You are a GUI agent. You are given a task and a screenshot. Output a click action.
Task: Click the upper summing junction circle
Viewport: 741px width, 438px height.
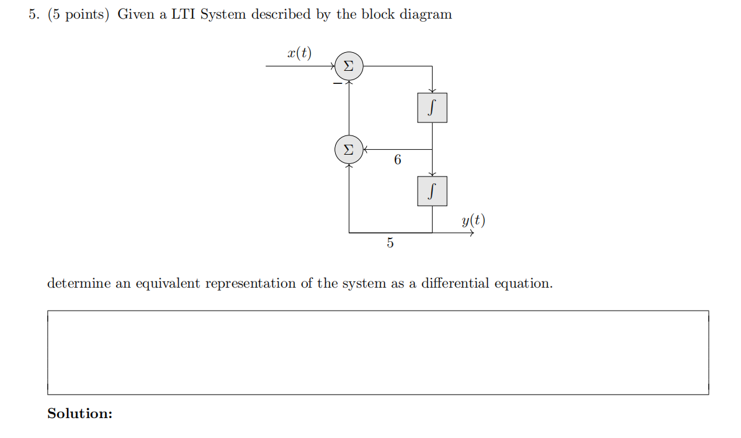(x=349, y=66)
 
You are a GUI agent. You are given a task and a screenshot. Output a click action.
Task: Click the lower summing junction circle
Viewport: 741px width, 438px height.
(x=349, y=150)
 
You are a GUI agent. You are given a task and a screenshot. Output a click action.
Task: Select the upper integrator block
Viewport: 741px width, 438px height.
(x=432, y=108)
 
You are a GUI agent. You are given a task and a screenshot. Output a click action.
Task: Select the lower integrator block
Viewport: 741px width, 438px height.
(x=432, y=191)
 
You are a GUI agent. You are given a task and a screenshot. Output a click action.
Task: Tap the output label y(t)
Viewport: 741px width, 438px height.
(x=474, y=220)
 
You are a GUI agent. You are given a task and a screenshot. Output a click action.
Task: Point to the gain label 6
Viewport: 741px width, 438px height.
(x=397, y=160)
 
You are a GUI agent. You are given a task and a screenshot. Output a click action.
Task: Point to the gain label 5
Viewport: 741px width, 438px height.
(x=390, y=243)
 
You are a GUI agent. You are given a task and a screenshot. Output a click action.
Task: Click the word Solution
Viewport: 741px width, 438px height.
(x=80, y=414)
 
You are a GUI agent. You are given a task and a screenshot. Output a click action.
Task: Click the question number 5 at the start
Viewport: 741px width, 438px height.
(x=34, y=15)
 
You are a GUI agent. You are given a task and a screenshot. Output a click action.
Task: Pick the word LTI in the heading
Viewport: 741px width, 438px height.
(x=182, y=15)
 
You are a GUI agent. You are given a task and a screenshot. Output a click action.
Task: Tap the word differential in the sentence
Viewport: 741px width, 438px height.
(x=455, y=284)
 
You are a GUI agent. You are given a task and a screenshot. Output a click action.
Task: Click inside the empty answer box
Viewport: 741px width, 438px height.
(x=378, y=352)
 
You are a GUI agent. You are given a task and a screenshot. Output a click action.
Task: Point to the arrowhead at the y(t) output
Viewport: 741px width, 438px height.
(x=474, y=233)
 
